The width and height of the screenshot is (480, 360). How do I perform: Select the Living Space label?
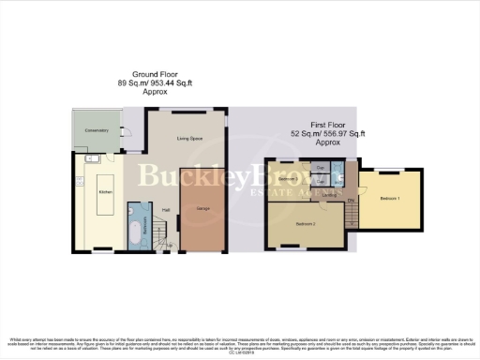(190, 139)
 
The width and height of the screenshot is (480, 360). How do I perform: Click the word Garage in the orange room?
(202, 208)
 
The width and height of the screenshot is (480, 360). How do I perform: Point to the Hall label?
(166, 210)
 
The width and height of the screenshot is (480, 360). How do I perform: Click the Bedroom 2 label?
(305, 225)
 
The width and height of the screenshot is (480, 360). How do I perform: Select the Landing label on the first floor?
(330, 195)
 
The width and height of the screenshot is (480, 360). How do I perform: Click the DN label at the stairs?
(351, 200)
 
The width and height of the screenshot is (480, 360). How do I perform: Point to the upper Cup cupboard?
(320, 168)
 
